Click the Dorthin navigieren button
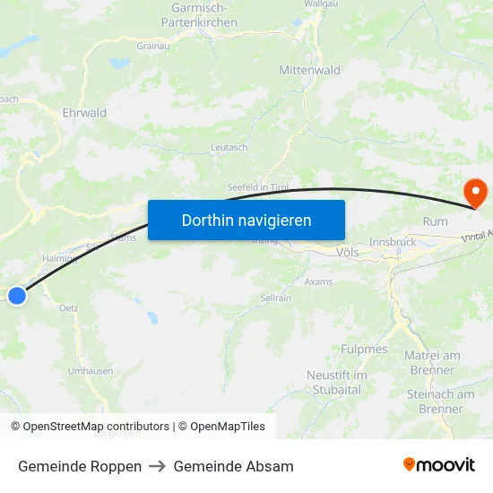tap(246, 220)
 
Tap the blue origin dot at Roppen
tap(16, 295)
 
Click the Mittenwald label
tap(309, 70)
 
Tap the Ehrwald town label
tap(84, 113)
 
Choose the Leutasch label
tap(229, 148)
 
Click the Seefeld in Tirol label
tap(257, 186)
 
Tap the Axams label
tap(318, 281)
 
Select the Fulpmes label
tap(364, 349)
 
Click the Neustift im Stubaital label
tap(337, 382)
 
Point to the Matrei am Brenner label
tap(432, 362)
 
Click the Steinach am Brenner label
tap(440, 402)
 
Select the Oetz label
tap(68, 307)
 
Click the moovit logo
tap(439, 464)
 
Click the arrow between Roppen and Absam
tap(158, 466)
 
